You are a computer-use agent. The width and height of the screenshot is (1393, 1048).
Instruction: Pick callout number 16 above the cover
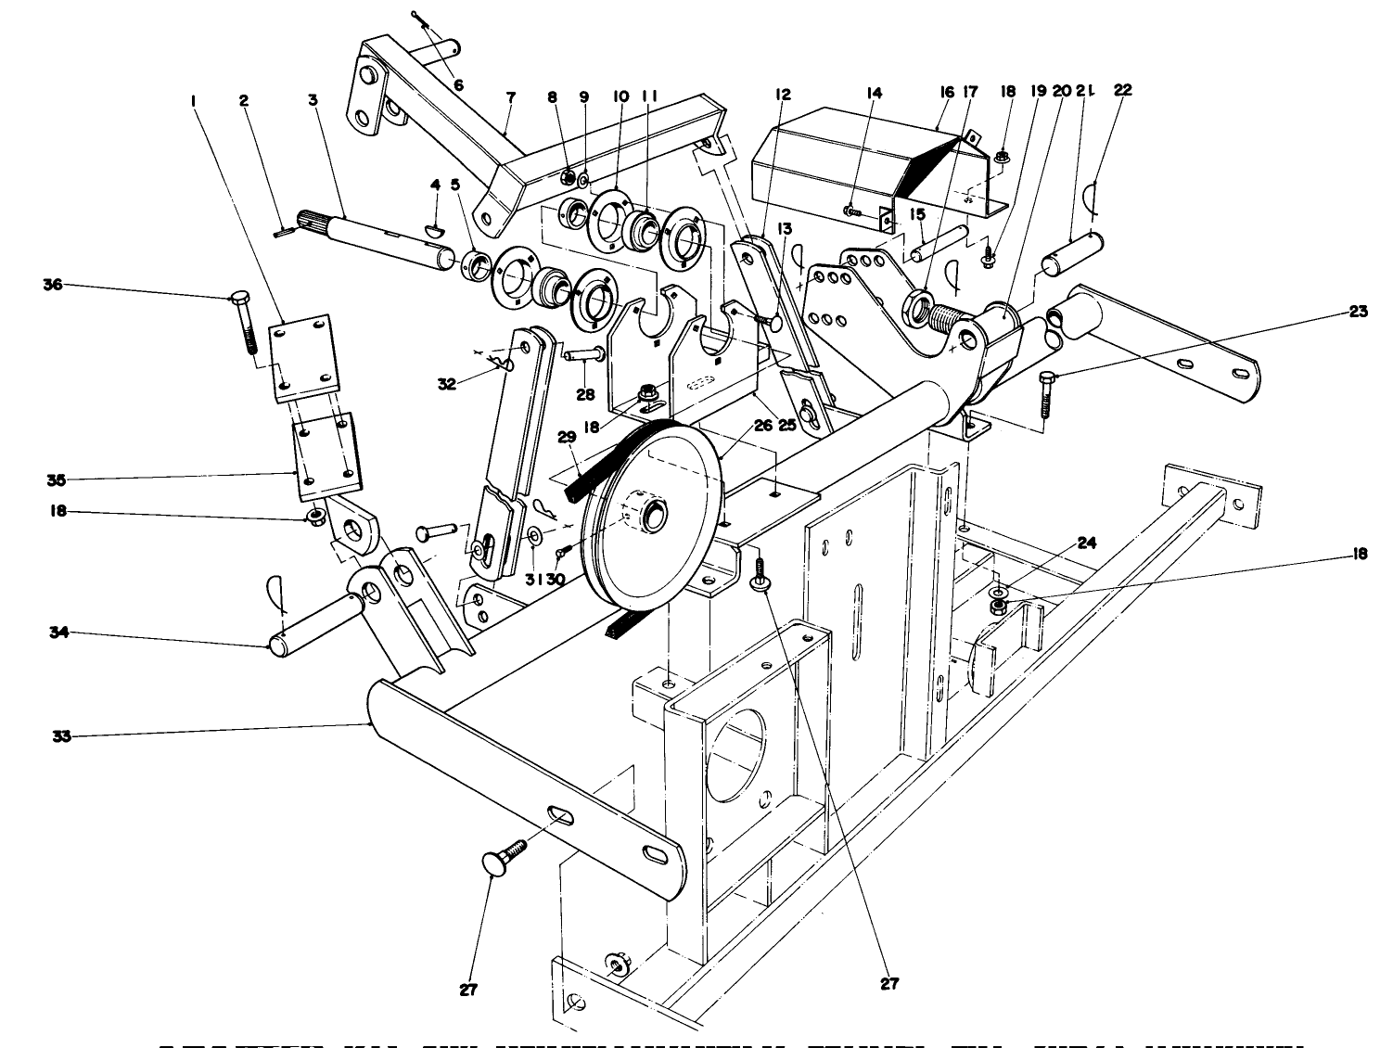[946, 93]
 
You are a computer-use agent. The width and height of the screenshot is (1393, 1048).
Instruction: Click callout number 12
[784, 93]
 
